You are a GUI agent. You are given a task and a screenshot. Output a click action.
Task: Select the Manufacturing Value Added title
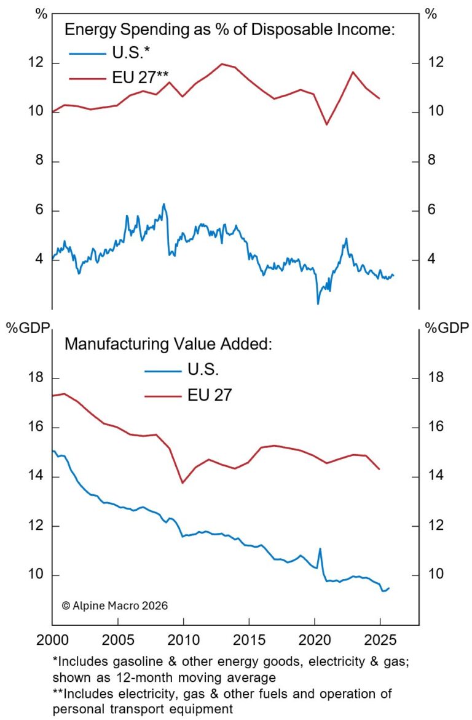pyautogui.click(x=167, y=344)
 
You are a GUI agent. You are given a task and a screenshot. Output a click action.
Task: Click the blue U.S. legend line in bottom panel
pyautogui.click(x=162, y=371)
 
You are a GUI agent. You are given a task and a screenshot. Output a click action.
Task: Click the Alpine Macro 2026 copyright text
pyautogui.click(x=115, y=606)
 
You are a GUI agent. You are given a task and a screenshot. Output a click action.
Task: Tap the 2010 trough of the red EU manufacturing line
pyautogui.click(x=183, y=482)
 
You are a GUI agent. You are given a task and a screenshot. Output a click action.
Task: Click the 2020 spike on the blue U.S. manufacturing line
pyautogui.click(x=320, y=548)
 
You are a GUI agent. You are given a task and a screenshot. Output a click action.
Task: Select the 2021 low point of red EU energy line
pyautogui.click(x=327, y=124)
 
